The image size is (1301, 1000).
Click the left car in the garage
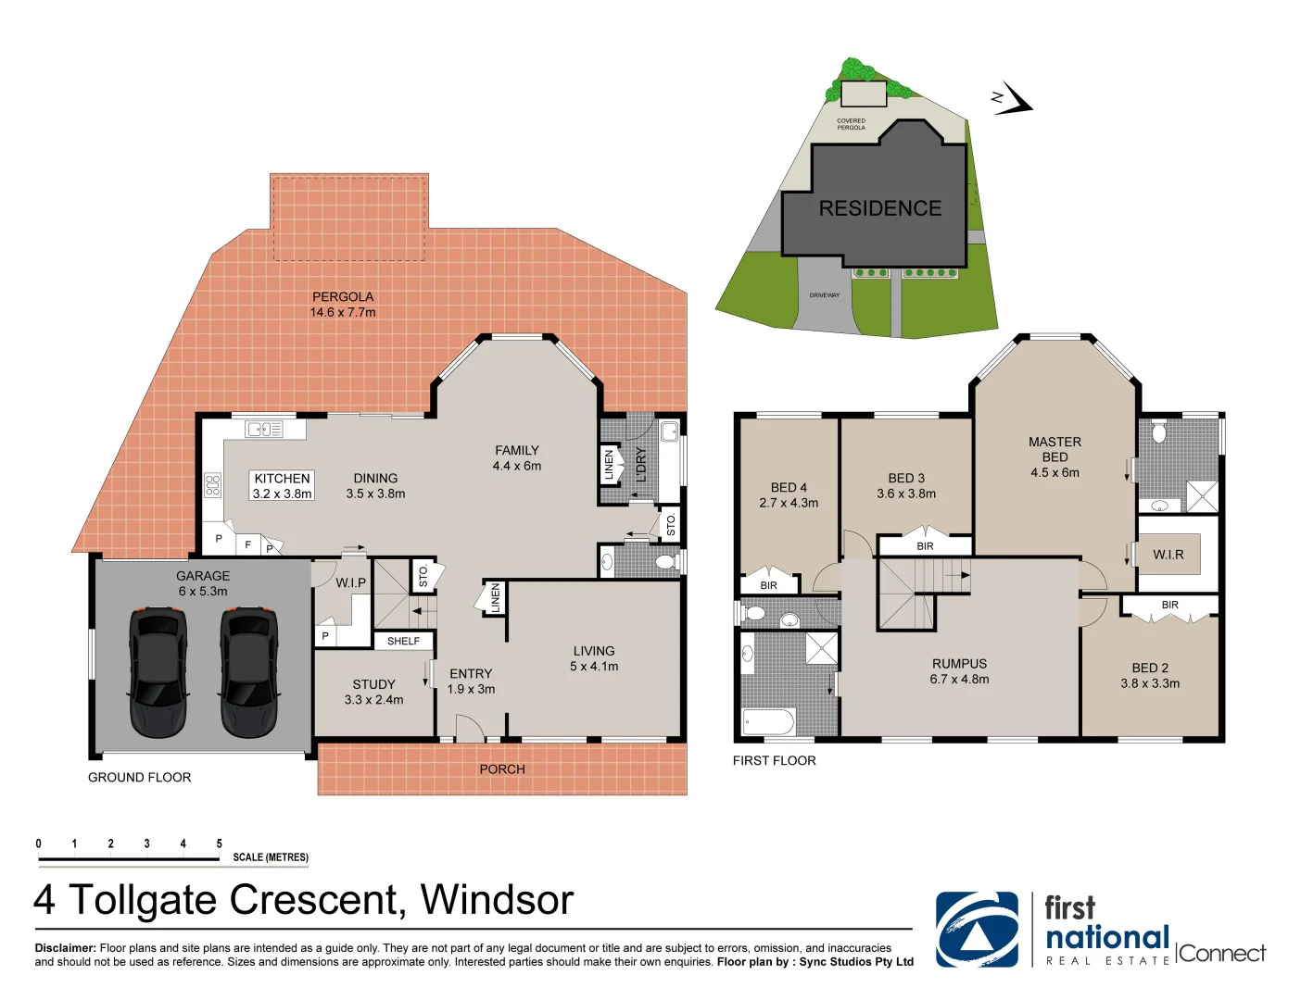(x=158, y=671)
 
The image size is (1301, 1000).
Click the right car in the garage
(x=248, y=671)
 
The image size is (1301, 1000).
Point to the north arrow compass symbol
(x=1012, y=99)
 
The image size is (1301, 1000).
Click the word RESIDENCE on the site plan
(x=879, y=208)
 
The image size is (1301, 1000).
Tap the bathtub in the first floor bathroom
(x=768, y=721)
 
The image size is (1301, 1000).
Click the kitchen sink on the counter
(x=264, y=429)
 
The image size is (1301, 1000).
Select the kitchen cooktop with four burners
(x=212, y=485)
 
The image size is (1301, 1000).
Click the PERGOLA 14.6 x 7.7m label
(x=343, y=304)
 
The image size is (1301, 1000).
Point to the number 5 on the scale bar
(x=220, y=844)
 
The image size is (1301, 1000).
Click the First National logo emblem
(x=977, y=930)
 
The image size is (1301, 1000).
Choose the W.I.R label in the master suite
(x=1168, y=555)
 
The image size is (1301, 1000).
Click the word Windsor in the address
(x=497, y=899)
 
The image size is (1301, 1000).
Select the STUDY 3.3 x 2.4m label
(x=373, y=692)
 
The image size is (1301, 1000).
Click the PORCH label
(x=502, y=769)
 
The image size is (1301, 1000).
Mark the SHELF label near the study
(x=403, y=641)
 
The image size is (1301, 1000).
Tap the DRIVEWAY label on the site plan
(x=824, y=295)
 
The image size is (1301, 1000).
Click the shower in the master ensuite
(x=1202, y=496)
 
